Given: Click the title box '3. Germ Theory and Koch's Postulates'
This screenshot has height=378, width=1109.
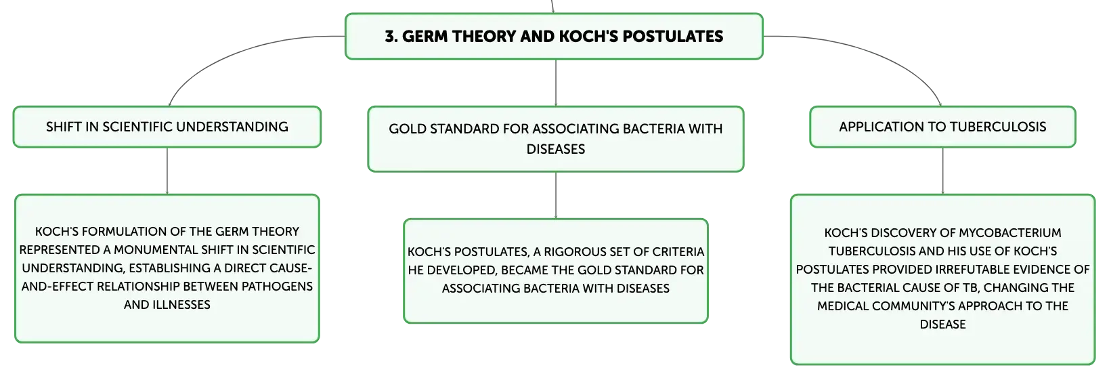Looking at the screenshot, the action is click(x=554, y=36).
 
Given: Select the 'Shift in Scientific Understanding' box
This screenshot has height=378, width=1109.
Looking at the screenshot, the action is click(x=167, y=127).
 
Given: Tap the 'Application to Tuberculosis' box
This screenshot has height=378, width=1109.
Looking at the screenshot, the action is click(x=942, y=127).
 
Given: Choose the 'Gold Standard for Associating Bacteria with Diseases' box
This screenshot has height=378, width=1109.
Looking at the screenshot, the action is click(x=555, y=140).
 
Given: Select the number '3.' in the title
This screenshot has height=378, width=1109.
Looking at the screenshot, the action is click(x=391, y=36).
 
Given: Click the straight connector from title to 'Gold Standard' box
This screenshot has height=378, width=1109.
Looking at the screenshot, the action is click(x=555, y=83).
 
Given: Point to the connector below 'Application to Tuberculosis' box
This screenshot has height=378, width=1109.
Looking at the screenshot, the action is click(x=942, y=171).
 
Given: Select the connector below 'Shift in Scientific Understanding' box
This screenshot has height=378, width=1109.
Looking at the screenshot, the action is click(x=167, y=171).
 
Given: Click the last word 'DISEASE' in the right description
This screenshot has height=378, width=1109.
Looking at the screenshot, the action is click(x=942, y=324).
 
